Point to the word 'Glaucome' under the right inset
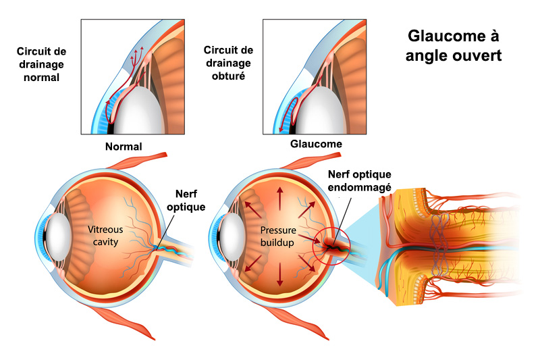316,144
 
